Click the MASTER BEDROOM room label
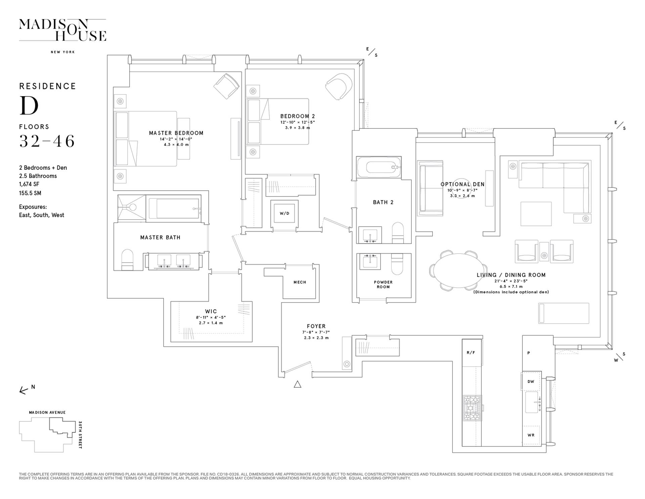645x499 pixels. click(x=176, y=133)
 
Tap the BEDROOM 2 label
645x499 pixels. click(x=298, y=116)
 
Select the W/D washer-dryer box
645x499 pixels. click(x=285, y=213)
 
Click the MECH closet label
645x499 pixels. click(x=300, y=282)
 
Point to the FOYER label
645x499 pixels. click(x=316, y=326)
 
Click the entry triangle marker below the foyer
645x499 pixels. click(x=297, y=384)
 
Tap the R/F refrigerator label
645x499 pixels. click(x=471, y=353)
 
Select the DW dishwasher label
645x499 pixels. click(x=531, y=382)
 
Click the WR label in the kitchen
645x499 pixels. click(x=531, y=435)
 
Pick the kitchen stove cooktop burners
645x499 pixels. click(x=472, y=408)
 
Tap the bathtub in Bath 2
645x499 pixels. click(x=379, y=167)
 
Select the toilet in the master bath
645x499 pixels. click(x=127, y=260)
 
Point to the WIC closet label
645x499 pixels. click(x=211, y=311)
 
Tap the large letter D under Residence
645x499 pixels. click(x=29, y=106)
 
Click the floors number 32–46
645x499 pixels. click(x=47, y=141)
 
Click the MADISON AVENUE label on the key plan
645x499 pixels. click(x=47, y=413)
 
